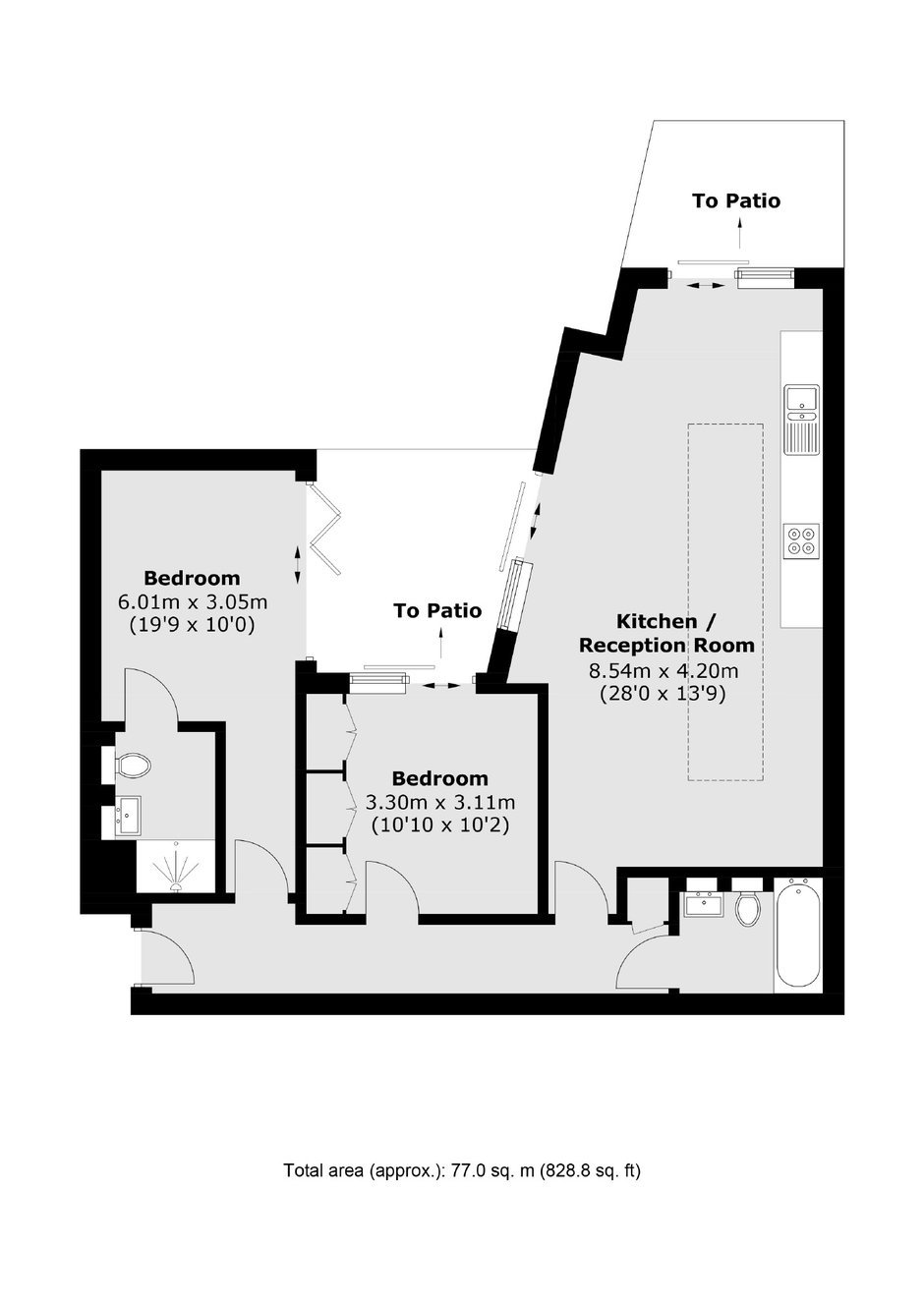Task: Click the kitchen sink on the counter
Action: (802, 420)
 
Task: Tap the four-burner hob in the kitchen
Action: (802, 541)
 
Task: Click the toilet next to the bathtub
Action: (747, 905)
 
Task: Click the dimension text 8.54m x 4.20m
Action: (664, 671)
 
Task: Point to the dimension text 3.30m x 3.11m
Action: (440, 803)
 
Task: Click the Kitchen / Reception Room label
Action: (666, 633)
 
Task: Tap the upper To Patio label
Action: (735, 200)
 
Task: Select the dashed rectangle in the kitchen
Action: (725, 602)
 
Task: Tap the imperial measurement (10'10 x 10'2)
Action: (440, 825)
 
